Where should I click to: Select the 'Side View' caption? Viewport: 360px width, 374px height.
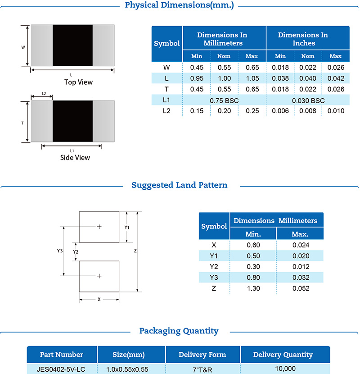click(75, 158)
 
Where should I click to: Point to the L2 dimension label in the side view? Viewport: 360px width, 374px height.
click(44, 94)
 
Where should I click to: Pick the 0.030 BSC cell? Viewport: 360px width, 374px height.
click(308, 100)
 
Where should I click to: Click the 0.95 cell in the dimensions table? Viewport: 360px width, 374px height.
click(196, 78)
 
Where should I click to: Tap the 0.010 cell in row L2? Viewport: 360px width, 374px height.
click(336, 111)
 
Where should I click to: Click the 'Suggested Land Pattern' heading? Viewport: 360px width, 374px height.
click(179, 185)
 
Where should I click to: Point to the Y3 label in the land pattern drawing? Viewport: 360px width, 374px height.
click(59, 250)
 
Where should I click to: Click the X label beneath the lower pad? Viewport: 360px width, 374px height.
click(99, 299)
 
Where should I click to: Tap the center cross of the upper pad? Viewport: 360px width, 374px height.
click(99, 227)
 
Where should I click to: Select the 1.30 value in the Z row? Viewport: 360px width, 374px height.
click(254, 288)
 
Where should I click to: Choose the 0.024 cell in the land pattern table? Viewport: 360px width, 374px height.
click(300, 245)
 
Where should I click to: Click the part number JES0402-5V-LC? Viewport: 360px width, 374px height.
click(62, 369)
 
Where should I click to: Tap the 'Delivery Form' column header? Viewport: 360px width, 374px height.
click(202, 355)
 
